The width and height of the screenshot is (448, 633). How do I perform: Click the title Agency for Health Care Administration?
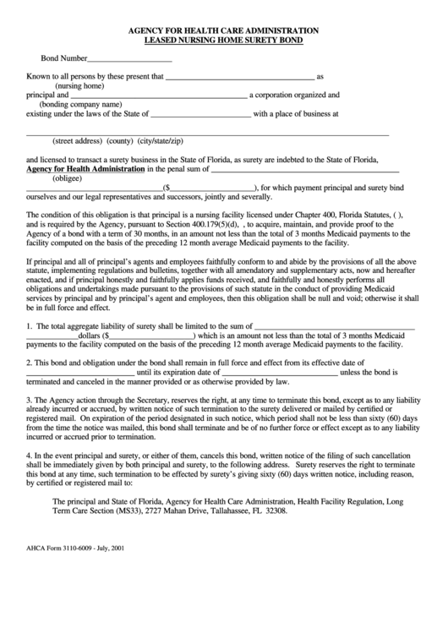click(223, 30)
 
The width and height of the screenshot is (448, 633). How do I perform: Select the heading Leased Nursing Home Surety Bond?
click(223, 40)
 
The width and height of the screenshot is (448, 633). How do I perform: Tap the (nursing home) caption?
click(79, 85)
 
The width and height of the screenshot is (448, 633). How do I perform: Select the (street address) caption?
click(77, 140)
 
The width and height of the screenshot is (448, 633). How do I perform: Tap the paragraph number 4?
click(29, 456)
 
